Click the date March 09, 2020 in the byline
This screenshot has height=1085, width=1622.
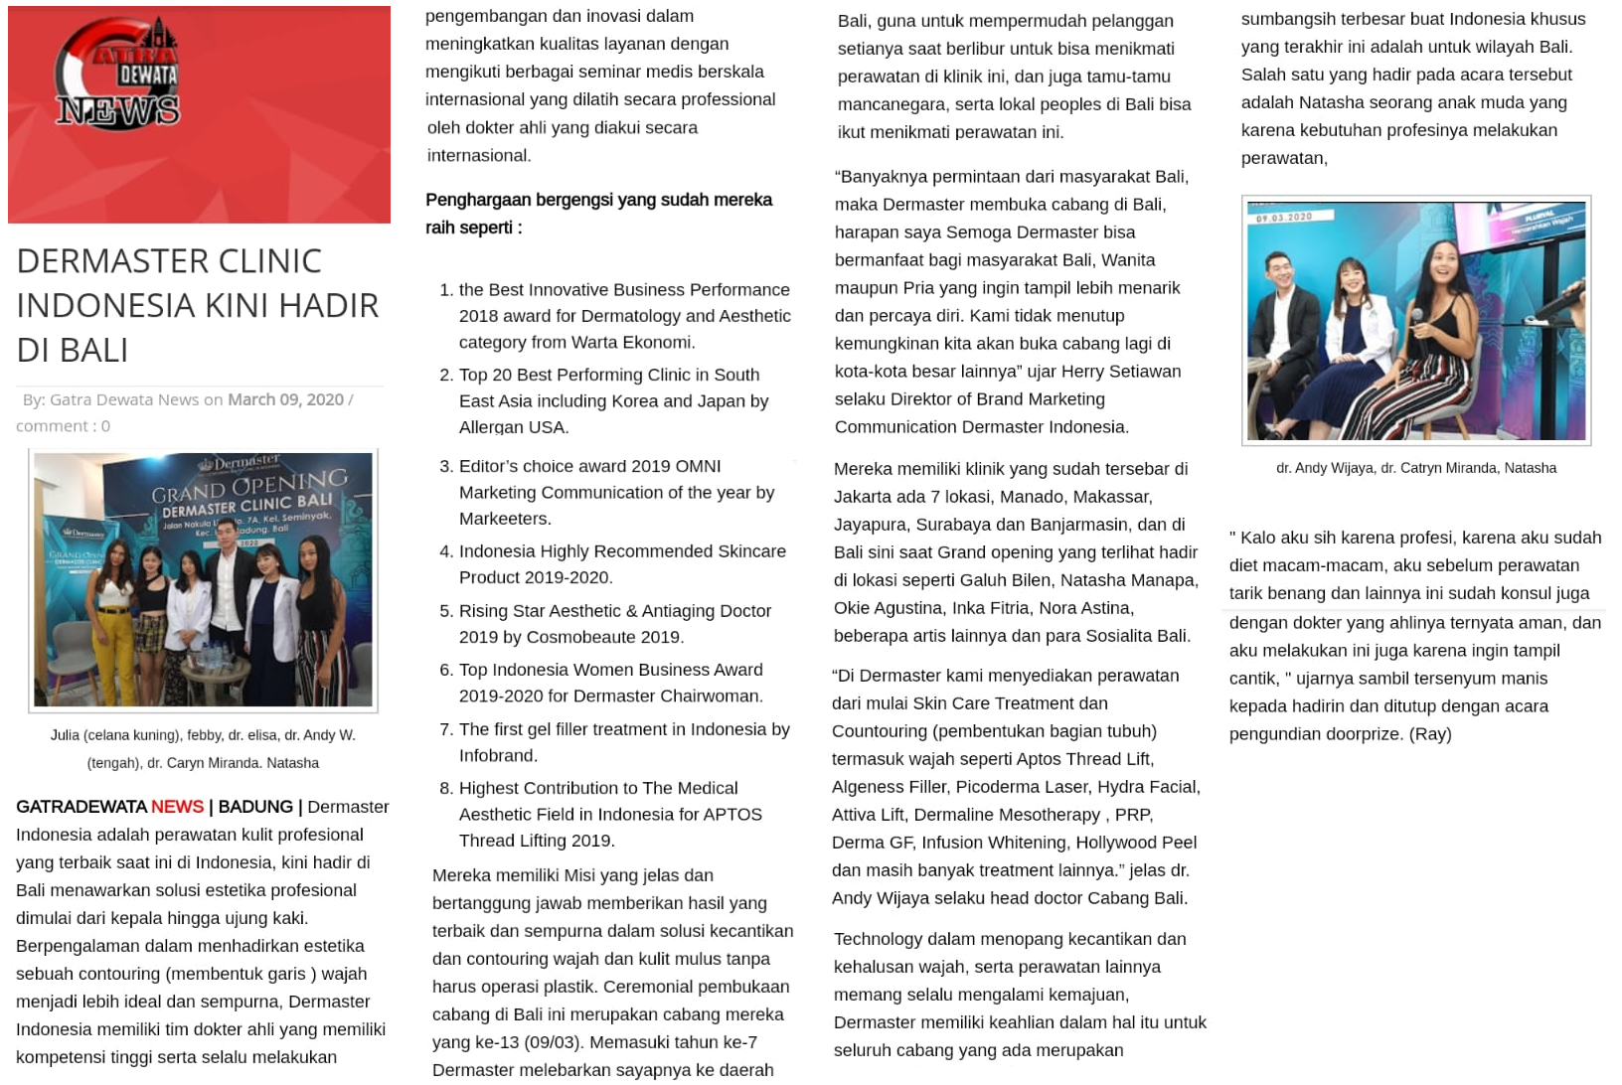285,399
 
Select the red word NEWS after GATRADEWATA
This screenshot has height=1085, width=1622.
177,807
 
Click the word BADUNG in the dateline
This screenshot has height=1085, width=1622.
255,807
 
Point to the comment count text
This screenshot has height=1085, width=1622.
63,426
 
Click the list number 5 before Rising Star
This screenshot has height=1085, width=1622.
446,611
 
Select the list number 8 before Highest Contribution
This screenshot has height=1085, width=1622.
446,788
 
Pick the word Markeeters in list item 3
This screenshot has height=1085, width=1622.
504,519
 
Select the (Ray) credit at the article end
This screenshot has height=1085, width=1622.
1430,734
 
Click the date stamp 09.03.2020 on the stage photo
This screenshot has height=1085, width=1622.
1284,218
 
